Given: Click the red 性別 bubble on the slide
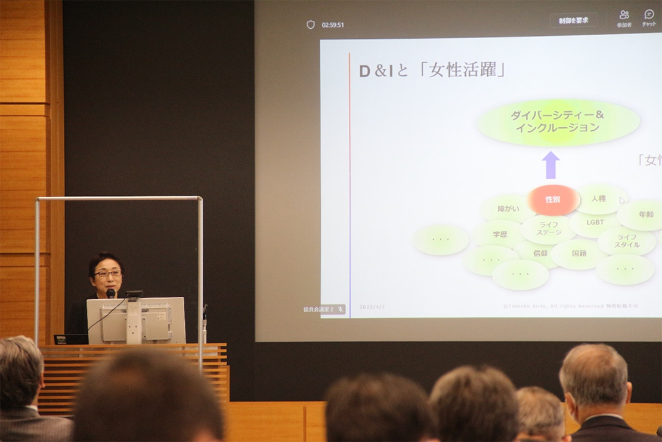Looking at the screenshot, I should coord(553,200).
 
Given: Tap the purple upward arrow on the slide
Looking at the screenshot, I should coord(550,165).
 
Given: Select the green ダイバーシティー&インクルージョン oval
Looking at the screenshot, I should coord(558,122).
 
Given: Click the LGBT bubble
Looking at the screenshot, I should coord(595,223).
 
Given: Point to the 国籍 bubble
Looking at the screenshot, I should coord(579,254).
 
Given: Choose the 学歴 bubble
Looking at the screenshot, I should coord(500,234).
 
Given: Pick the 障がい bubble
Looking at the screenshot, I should coord(508,209).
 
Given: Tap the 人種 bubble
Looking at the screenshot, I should coord(599,199).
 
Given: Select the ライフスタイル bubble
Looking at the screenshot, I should coord(627,241).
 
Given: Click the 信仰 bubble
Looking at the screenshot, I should coord(539,253).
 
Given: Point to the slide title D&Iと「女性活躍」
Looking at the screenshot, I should coord(432,70).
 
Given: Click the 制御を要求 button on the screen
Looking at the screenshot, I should coord(573,20).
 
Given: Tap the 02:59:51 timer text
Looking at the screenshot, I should coord(333,25).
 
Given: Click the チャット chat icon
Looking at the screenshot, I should coord(649,17).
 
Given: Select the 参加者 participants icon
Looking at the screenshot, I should coord(624,17).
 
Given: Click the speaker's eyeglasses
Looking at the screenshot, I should coord(107,274).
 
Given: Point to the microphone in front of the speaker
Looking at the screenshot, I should coord(111,293).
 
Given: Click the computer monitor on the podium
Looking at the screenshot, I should coord(136,321).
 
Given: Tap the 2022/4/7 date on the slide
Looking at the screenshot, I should coord(372,307).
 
